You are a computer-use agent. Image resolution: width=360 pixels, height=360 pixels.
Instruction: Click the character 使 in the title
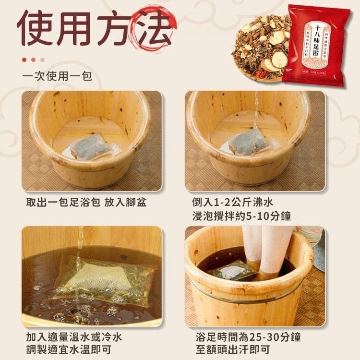(x=36, y=28)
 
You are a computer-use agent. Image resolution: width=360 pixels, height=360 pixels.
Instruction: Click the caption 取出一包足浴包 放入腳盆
(x=86, y=202)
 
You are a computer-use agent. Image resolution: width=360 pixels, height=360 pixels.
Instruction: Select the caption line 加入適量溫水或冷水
(x=74, y=337)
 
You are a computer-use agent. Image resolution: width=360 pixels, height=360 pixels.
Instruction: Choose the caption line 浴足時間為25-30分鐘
(x=245, y=337)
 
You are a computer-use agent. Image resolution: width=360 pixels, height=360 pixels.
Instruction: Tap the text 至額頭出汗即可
(x=232, y=350)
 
